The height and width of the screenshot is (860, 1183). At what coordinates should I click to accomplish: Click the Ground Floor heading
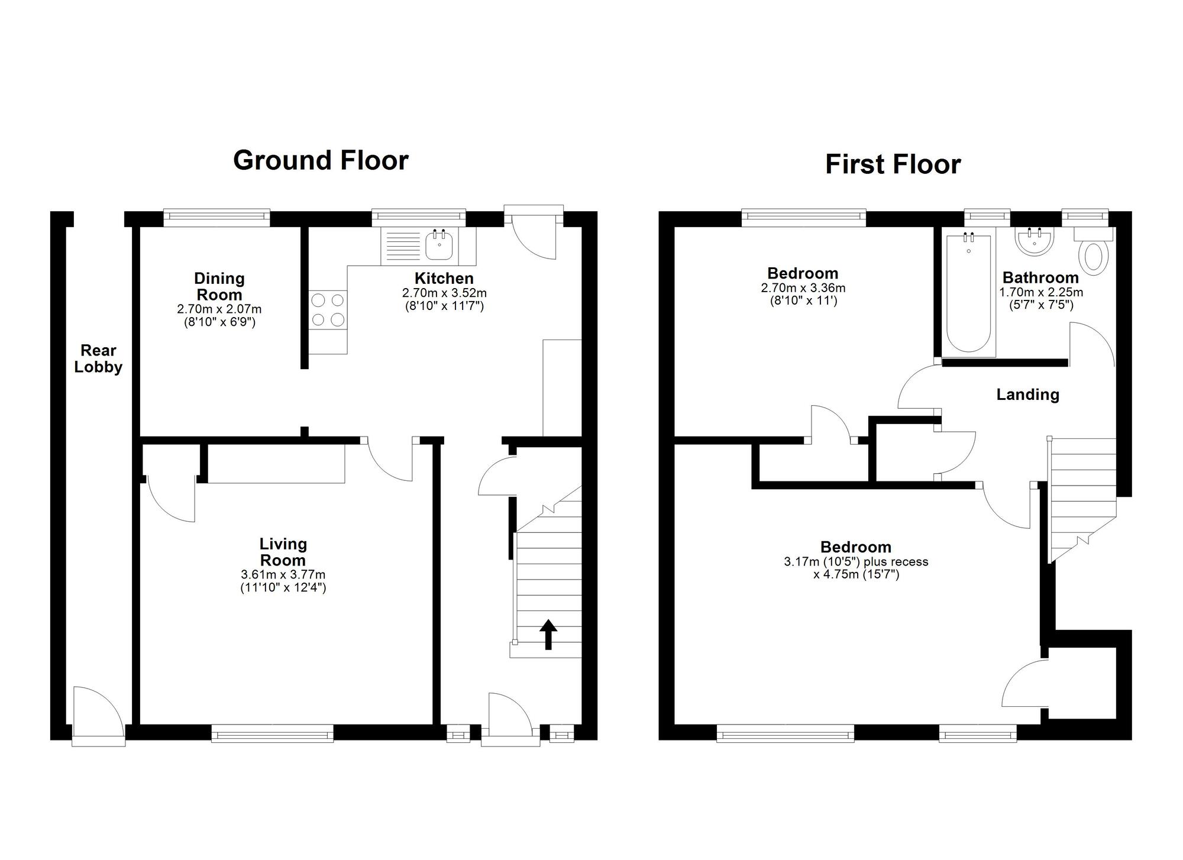click(x=321, y=160)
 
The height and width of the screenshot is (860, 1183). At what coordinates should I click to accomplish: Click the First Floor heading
click(x=893, y=164)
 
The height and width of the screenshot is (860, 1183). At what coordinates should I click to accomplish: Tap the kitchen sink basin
click(x=439, y=245)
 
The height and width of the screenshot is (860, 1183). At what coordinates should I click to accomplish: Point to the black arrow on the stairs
click(x=548, y=634)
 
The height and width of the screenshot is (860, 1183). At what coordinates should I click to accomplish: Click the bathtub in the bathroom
click(x=968, y=295)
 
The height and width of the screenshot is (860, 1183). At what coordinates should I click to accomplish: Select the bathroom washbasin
click(x=1034, y=241)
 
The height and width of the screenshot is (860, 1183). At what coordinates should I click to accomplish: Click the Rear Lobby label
click(x=98, y=358)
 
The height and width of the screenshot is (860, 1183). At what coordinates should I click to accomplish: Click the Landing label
click(x=1027, y=395)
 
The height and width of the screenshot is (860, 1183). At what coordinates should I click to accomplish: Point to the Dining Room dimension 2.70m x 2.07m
click(x=219, y=309)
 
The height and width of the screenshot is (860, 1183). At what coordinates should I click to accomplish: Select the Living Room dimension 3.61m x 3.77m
click(x=283, y=574)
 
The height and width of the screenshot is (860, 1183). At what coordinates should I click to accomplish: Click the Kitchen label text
click(x=444, y=278)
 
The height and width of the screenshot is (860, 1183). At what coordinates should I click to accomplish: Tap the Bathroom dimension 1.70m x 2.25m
click(x=1041, y=292)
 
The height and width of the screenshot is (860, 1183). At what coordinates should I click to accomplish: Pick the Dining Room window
click(x=216, y=218)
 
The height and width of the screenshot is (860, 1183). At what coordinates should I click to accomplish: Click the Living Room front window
click(x=273, y=733)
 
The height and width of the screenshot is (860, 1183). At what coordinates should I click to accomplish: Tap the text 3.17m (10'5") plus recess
click(x=856, y=562)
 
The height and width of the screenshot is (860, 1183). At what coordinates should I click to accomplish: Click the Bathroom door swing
click(x=1091, y=343)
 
